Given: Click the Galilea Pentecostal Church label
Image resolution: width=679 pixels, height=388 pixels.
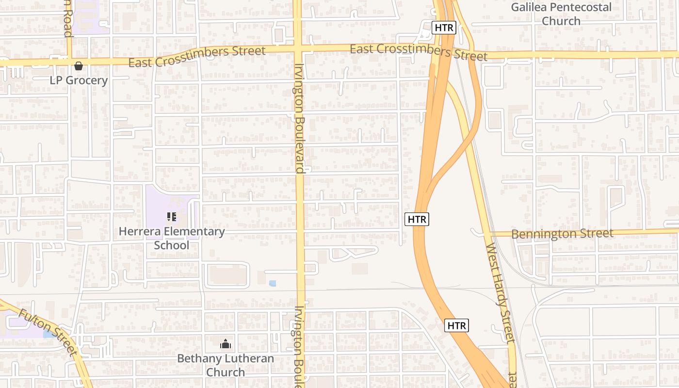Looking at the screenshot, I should click(561, 14).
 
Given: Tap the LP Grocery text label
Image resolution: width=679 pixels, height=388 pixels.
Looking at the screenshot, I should click(79, 80).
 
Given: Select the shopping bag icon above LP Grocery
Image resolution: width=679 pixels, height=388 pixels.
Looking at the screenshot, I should click(79, 66).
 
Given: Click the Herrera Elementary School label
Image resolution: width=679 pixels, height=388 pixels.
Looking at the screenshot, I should click(172, 238).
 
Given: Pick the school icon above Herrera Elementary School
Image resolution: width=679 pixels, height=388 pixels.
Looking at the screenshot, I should click(172, 216).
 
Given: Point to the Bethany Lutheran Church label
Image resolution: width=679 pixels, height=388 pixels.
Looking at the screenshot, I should click(226, 365).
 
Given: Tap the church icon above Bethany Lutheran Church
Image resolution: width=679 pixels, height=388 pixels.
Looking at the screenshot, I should click(226, 344).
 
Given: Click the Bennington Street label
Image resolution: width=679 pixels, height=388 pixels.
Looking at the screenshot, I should click(562, 234).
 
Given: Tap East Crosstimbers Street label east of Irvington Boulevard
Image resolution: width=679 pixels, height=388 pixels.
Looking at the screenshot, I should click(418, 52).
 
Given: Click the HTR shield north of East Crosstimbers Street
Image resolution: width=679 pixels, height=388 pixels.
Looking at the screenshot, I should click(444, 28).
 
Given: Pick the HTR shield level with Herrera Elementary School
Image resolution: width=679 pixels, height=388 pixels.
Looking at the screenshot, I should click(417, 219).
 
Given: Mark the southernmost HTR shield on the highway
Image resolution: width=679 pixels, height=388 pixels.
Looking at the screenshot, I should click(456, 325).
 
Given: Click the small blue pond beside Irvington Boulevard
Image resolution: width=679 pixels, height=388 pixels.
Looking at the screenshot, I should click(273, 283).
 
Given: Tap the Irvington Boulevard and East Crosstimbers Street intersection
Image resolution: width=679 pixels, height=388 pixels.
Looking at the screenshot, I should click(298, 49).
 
